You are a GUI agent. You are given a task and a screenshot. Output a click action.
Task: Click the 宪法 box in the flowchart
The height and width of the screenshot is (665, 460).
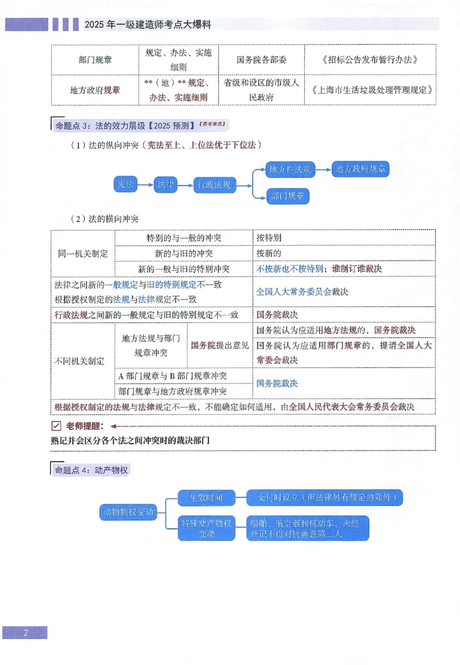[x=125, y=184]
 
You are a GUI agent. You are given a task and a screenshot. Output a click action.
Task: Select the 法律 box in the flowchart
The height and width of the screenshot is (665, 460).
[x=165, y=184]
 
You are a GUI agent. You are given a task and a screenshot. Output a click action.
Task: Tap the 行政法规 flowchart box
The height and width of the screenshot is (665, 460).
[x=214, y=185]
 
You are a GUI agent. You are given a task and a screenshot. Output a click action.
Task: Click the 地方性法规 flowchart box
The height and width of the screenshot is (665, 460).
[x=290, y=169]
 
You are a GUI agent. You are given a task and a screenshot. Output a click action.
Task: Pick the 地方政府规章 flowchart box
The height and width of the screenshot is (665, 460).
[x=362, y=169]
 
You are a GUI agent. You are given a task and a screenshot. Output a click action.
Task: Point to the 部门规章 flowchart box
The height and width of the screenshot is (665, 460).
[x=288, y=196]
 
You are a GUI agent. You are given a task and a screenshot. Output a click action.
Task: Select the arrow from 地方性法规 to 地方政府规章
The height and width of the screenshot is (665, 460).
[x=323, y=169]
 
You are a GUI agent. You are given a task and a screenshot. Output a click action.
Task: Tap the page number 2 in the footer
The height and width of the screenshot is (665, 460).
[x=25, y=633]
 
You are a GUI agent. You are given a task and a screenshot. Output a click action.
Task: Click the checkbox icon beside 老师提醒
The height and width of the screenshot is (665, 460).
[x=56, y=426]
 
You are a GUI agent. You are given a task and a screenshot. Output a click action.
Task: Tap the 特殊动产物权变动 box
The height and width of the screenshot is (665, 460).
[x=206, y=528]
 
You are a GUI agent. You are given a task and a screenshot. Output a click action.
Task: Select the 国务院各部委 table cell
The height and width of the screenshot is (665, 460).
[x=261, y=60]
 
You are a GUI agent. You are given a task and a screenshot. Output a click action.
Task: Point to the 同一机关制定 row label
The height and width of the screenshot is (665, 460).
[x=83, y=253]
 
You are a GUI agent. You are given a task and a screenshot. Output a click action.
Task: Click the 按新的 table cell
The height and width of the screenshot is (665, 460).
[x=270, y=253]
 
